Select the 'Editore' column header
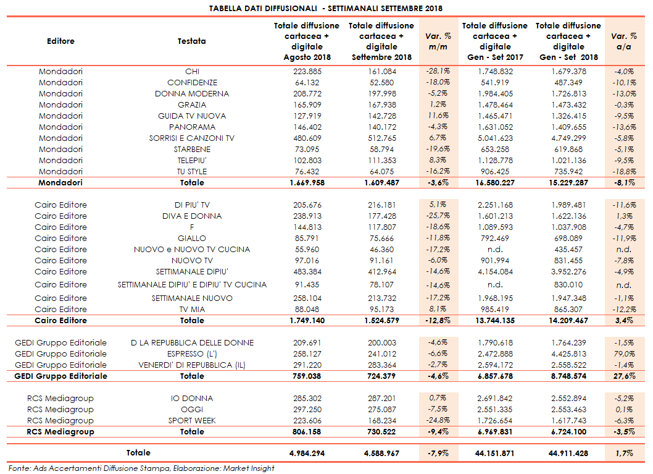pyautogui.click(x=60, y=41)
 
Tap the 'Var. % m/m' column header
pyautogui.click(x=438, y=41)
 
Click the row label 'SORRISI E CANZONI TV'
pyautogui.click(x=192, y=138)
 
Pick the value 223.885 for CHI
pyautogui.click(x=307, y=71)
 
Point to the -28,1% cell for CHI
pyautogui.click(x=438, y=71)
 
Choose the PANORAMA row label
pyautogui.click(x=192, y=127)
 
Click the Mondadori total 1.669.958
pyautogui.click(x=307, y=183)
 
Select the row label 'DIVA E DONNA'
pyautogui.click(x=192, y=216)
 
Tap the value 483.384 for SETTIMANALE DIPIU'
pyautogui.click(x=307, y=271)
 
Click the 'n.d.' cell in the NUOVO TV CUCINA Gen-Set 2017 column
pyautogui.click(x=495, y=249)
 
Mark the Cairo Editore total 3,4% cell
pyautogui.click(x=624, y=320)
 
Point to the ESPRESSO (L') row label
pyautogui.click(x=192, y=353)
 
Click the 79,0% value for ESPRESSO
pyautogui.click(x=624, y=353)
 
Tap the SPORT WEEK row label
pyautogui.click(x=192, y=420)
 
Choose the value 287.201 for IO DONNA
pyautogui.click(x=381, y=398)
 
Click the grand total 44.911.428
pyautogui.click(x=568, y=453)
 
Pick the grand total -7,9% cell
pyautogui.click(x=438, y=453)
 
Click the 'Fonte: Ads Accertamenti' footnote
pyautogui.click(x=141, y=468)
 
